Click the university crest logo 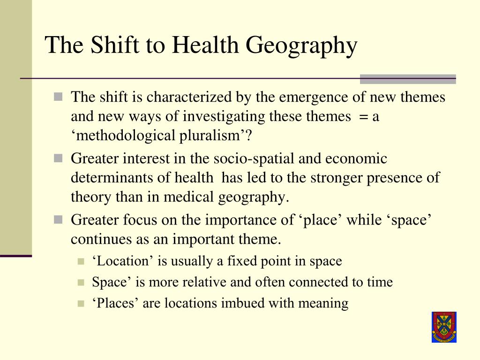(x=444, y=327)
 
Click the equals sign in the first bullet (x=364, y=116)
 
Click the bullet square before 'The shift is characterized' (x=58, y=97)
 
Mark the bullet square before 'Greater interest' (x=58, y=159)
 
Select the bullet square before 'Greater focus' (x=58, y=219)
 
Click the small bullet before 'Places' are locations (x=81, y=304)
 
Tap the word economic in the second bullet (x=358, y=158)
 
